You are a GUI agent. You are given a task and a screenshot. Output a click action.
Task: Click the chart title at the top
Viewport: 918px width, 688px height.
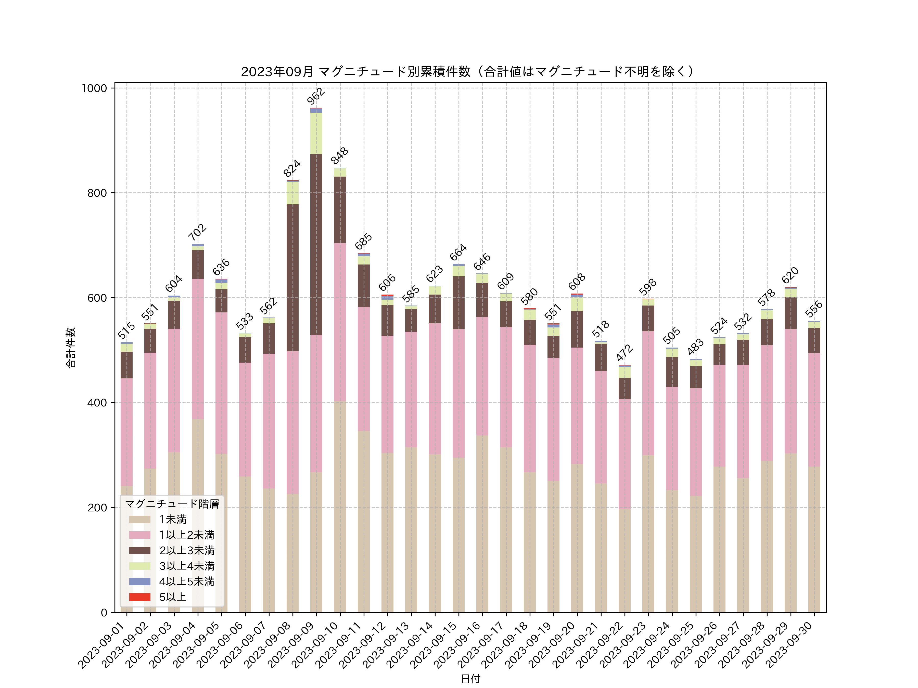pyautogui.click(x=468, y=72)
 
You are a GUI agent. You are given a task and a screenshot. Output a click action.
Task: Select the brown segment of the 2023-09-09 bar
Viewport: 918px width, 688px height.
pyautogui.click(x=316, y=245)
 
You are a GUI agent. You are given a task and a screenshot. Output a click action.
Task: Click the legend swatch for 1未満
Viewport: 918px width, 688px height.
pyautogui.click(x=140, y=520)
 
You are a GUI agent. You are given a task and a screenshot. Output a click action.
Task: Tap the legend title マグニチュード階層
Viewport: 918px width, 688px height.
pyautogui.click(x=172, y=504)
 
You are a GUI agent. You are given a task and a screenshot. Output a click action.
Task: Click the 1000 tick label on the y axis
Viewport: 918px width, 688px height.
pyautogui.click(x=94, y=88)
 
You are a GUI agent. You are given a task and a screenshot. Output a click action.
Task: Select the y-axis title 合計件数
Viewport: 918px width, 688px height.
pyautogui.click(x=71, y=348)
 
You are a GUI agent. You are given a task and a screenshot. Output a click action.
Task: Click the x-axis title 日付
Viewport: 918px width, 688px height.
pyautogui.click(x=470, y=679)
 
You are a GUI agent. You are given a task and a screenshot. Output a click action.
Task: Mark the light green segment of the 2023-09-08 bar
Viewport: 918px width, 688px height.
pyautogui.click(x=292, y=193)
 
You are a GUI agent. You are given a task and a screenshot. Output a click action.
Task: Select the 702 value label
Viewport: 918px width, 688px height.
pyautogui.click(x=197, y=232)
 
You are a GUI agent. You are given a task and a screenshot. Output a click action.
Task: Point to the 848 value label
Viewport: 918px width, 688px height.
pyautogui.click(x=339, y=156)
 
